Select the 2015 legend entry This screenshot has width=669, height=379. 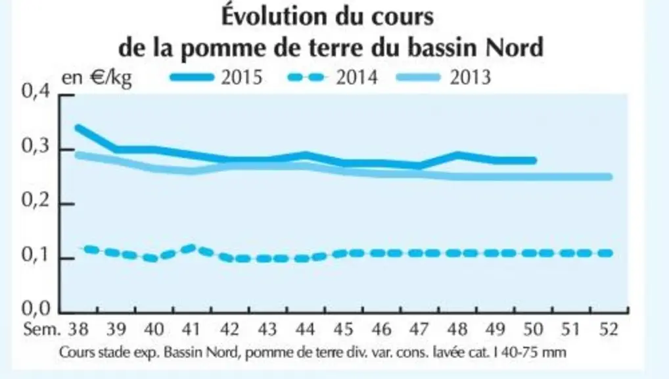click(x=216, y=78)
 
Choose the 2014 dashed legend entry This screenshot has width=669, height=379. click(x=333, y=78)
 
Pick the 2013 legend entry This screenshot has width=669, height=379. click(x=444, y=78)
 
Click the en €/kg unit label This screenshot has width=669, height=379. click(x=97, y=78)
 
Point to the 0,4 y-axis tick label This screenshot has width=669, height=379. click(x=36, y=92)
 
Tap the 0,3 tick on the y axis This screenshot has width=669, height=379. click(x=36, y=146)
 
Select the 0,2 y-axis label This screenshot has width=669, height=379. click(x=36, y=201)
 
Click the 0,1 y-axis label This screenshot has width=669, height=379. click(x=36, y=255)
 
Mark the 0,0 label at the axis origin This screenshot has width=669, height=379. click(x=36, y=309)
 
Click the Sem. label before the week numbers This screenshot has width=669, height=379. click(x=42, y=330)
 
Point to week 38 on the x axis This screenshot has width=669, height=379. click(x=78, y=330)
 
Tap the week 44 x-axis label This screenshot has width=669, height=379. click(x=305, y=330)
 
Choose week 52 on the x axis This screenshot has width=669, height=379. click(x=608, y=330)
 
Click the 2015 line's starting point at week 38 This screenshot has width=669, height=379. click(x=78, y=128)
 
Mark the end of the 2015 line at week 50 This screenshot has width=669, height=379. click(x=534, y=161)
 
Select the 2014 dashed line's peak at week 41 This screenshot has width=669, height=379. click(x=192, y=247)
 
